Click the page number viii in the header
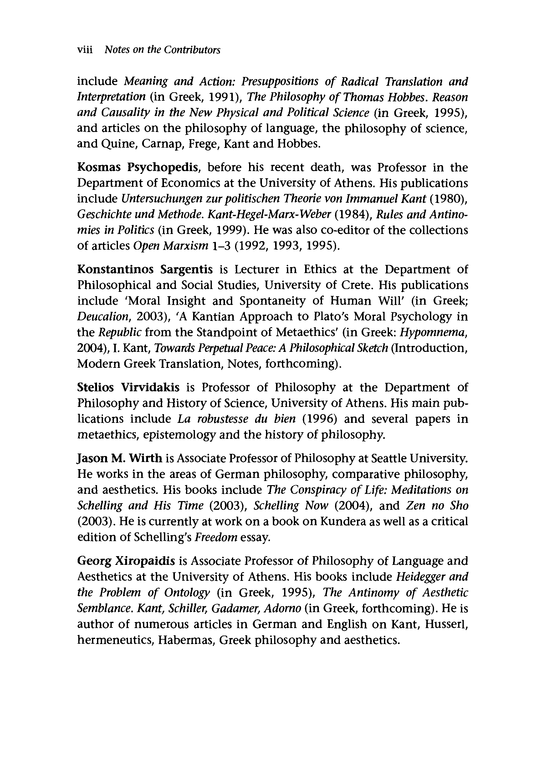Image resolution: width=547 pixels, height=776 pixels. pos(85,50)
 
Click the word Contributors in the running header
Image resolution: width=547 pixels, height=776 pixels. pos(192,50)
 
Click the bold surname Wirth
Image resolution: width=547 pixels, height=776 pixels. pos(144,459)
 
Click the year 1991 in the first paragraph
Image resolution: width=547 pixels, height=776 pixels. pos(222,97)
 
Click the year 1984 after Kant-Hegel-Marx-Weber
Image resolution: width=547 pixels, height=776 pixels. pos(353,214)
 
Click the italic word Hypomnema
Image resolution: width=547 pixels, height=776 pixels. pos(434,332)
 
